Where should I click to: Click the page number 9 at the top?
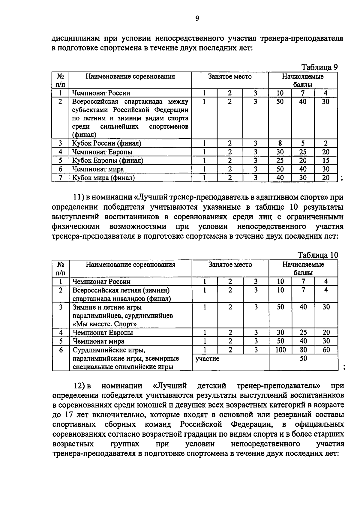pos(197,19)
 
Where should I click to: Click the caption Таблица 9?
pos(319,67)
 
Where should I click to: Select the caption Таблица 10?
pos(318,255)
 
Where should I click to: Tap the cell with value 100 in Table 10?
pos(280,350)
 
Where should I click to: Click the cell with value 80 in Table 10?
pos(303,350)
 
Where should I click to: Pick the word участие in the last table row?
pos(207,358)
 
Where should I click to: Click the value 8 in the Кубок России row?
pos(280,143)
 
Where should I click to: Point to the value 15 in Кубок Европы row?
pos(325,160)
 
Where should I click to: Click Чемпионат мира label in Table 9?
pos(98,169)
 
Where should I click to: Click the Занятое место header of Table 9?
pos(230,77)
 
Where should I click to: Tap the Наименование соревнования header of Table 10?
pos(130,265)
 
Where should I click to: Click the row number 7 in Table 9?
pos(60,178)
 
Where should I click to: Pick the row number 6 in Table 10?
pos(60,350)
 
